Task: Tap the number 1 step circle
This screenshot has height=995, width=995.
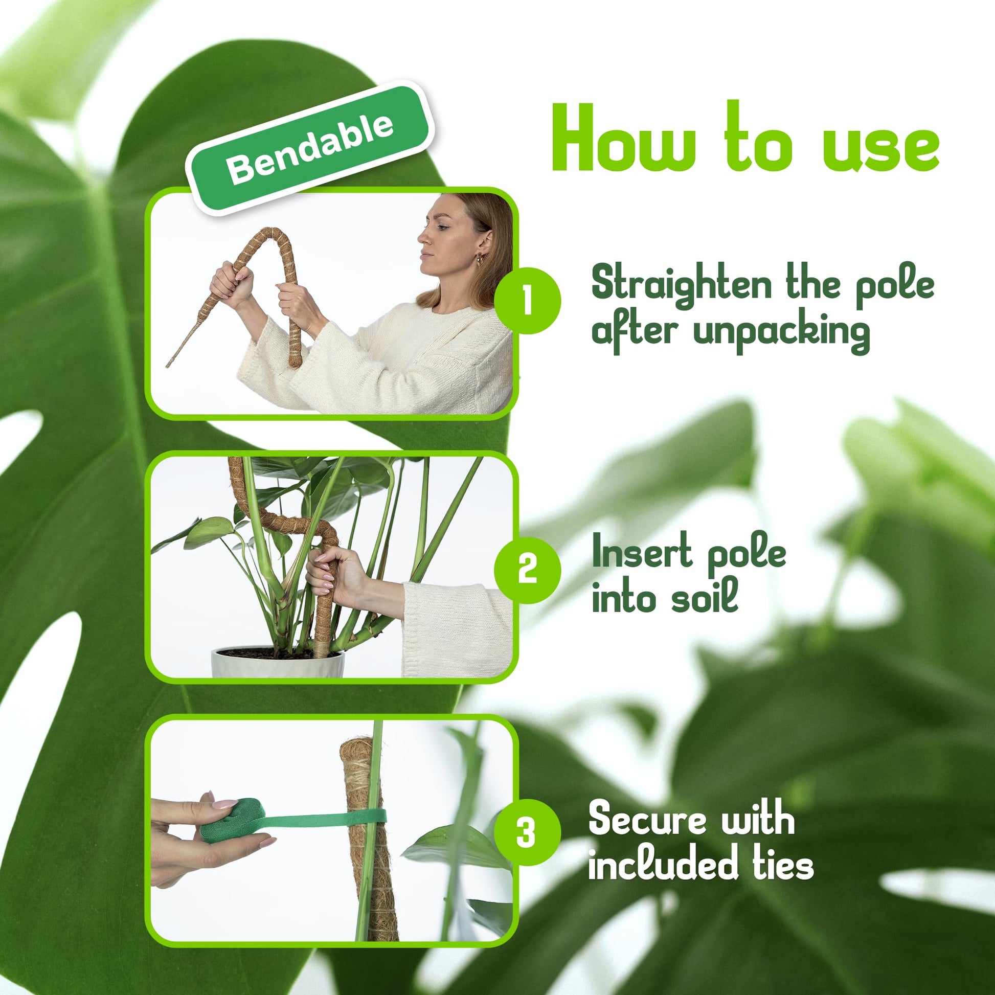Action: (x=527, y=301)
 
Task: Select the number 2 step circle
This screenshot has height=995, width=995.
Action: (x=527, y=571)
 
